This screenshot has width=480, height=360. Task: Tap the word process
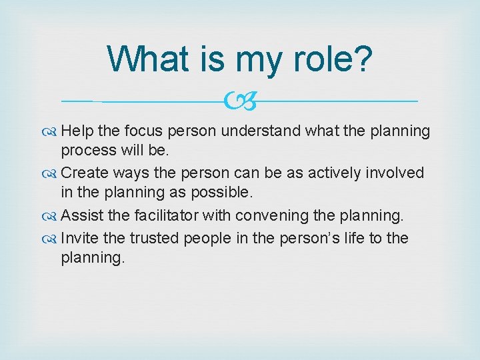86,151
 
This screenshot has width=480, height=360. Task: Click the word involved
396,173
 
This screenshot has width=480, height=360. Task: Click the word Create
84,173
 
